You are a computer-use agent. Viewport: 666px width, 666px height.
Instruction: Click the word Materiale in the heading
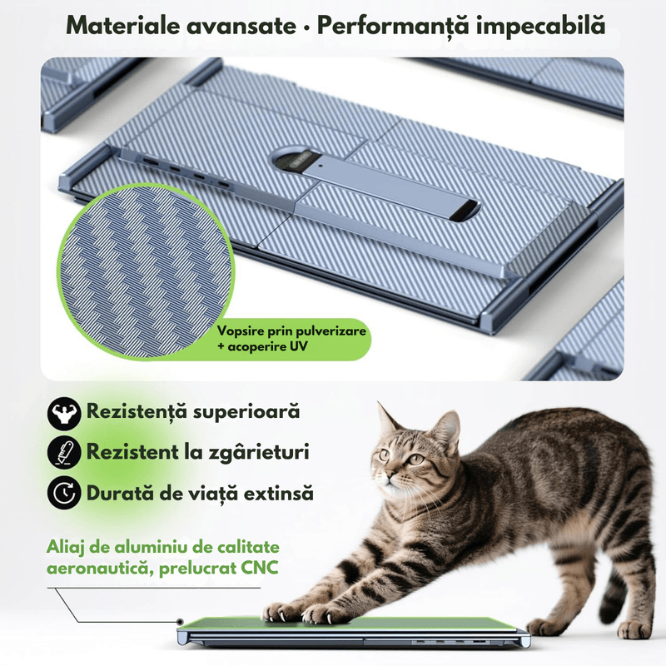tap(122, 25)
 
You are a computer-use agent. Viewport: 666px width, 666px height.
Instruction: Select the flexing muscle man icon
tap(64, 413)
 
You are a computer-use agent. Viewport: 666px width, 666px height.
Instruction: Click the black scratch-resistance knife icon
tap(64, 452)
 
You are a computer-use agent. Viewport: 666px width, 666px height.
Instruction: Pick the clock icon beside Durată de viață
tap(64, 493)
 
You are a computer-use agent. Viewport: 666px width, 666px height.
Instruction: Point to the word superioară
tap(246, 412)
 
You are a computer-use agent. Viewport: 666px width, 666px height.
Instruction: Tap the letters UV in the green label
tap(298, 346)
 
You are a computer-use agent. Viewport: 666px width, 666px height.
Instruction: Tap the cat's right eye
tap(416, 459)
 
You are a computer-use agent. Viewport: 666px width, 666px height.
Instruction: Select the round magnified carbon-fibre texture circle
tap(147, 271)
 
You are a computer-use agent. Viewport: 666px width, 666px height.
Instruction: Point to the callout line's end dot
tap(181, 621)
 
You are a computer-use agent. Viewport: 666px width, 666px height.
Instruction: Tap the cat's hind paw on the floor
tap(635, 629)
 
